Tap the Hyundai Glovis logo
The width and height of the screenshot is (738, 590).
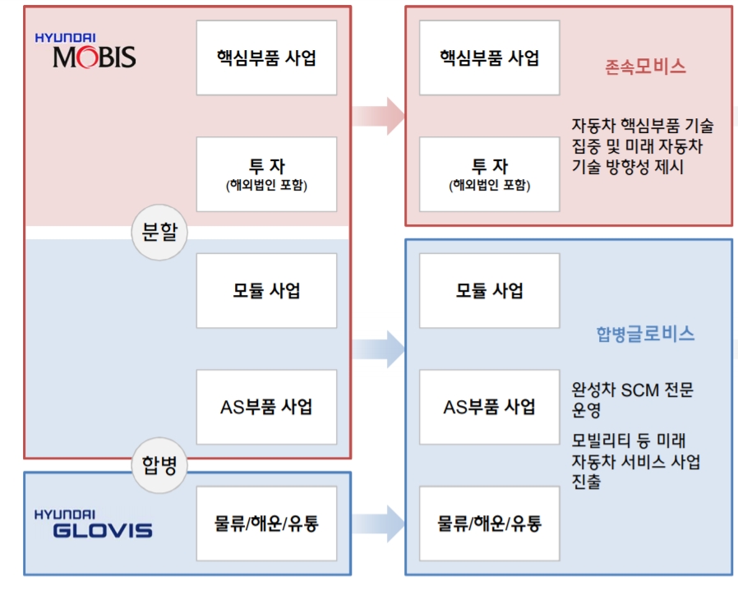93,524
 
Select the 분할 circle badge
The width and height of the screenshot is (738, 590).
159,233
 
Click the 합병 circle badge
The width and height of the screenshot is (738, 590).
159,466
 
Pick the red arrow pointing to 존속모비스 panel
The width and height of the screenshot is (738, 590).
379,116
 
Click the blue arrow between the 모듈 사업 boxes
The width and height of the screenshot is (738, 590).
379,348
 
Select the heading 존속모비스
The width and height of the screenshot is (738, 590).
645,67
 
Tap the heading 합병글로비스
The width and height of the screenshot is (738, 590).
645,334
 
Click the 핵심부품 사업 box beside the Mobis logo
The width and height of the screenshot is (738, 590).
267,58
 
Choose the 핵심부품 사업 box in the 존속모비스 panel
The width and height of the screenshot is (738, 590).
489,58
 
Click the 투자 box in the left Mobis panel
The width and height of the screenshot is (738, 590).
267,174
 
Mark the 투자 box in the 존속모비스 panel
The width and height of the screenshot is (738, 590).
489,174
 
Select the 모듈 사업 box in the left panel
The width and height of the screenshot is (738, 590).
267,291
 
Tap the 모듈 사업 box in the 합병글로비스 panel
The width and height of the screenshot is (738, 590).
489,291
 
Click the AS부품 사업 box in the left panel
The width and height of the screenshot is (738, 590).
267,407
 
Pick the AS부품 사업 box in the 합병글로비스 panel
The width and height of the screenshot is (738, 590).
489,407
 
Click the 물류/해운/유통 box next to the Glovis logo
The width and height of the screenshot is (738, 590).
267,523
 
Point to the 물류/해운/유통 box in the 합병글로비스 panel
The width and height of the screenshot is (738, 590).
489,523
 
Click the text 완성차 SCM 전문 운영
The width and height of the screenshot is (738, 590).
632,399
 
